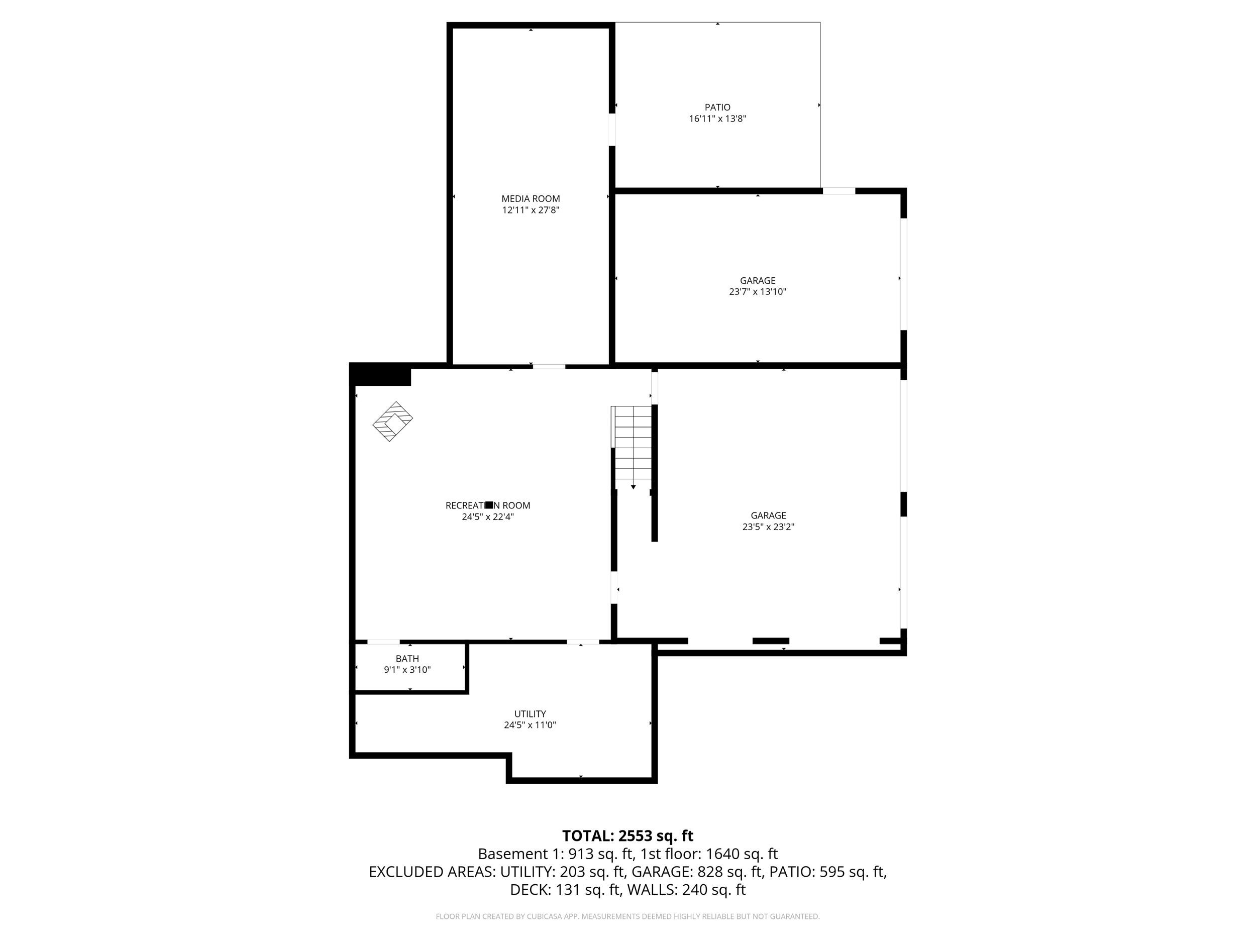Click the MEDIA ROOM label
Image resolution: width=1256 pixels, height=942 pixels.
click(x=531, y=199)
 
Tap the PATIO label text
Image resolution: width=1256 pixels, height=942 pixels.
click(x=717, y=108)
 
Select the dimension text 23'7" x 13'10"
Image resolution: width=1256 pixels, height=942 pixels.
click(x=758, y=292)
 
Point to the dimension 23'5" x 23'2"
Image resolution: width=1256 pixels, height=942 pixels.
click(x=768, y=527)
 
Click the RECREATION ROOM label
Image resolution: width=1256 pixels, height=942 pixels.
click(x=488, y=505)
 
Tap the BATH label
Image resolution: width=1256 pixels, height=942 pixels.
click(x=407, y=659)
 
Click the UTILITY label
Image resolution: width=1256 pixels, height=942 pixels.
click(x=530, y=714)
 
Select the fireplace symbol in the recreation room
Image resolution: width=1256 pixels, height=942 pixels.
click(x=392, y=422)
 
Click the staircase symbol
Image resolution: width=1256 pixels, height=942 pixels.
click(x=633, y=447)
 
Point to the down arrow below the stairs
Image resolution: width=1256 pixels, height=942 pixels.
click(x=633, y=487)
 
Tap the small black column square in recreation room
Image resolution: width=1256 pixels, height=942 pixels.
click(x=489, y=505)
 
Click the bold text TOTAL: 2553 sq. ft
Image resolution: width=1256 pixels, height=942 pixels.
click(x=627, y=836)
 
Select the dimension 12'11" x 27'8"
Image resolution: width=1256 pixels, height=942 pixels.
click(x=531, y=210)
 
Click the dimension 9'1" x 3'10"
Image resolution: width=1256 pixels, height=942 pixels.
click(x=407, y=670)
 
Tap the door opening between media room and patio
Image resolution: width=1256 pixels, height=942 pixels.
click(x=612, y=130)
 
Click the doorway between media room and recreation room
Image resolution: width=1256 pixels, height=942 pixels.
click(x=549, y=367)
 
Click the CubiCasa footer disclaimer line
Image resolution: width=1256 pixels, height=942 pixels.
click(x=627, y=916)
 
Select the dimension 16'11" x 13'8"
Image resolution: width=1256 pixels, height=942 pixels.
click(x=717, y=119)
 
